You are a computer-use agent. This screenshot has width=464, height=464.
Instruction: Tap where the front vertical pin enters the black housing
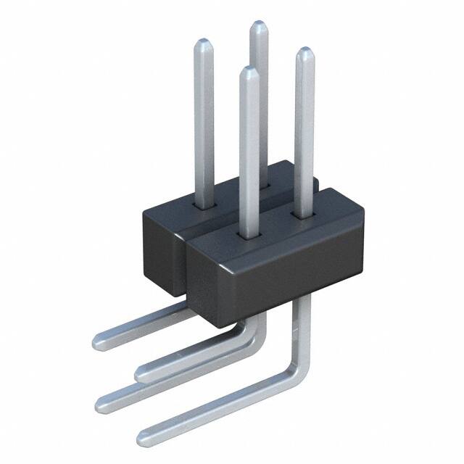[249, 234]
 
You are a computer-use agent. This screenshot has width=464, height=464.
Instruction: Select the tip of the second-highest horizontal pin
[140, 373]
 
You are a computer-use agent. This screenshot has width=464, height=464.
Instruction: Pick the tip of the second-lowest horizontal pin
[101, 399]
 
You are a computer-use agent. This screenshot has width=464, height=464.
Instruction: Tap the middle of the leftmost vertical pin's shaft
[204, 123]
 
